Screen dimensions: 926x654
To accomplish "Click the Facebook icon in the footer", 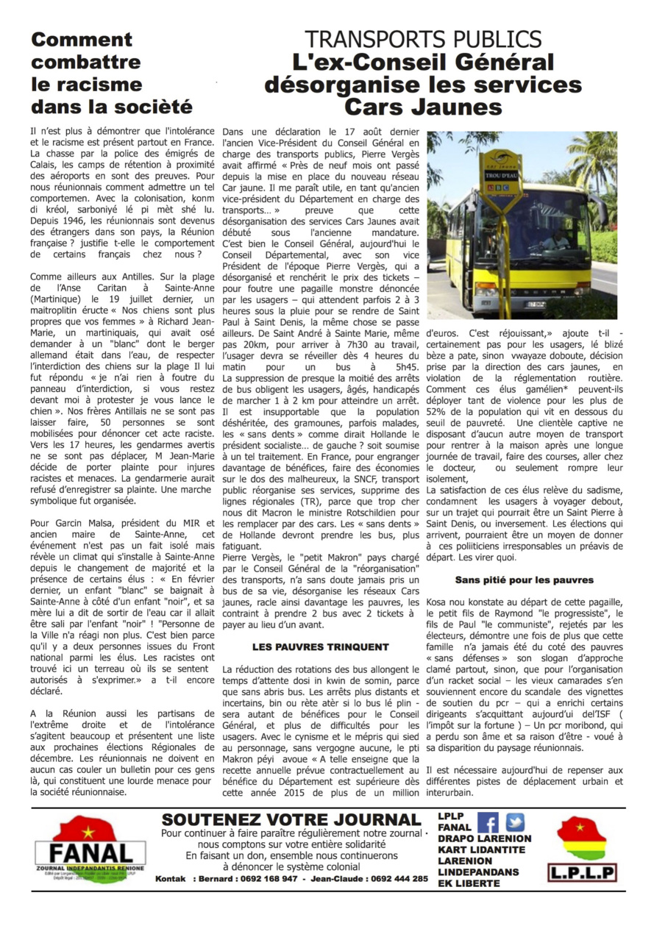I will click(x=488, y=822).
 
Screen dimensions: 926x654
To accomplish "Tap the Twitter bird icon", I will click(x=516, y=822).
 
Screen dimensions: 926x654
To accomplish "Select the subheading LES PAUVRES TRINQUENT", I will click(x=320, y=647).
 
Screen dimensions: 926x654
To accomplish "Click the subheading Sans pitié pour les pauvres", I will click(x=525, y=580).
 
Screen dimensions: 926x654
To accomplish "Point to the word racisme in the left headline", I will click(x=86, y=83).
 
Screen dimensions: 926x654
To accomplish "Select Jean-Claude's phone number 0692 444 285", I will click(x=400, y=878).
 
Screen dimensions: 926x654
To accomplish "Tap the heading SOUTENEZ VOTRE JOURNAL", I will click(x=291, y=819).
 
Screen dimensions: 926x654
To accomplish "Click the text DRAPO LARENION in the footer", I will click(x=484, y=838).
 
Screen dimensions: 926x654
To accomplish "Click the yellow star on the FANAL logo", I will click(x=88, y=831).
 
